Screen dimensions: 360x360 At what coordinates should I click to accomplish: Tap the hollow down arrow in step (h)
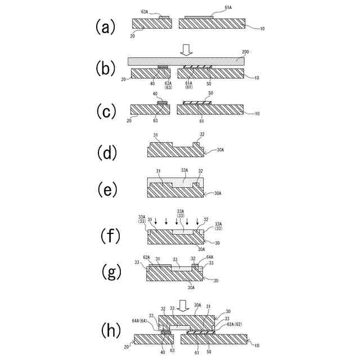pyautogui.click(x=183, y=305)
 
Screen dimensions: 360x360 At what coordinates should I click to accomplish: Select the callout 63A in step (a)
pyautogui.click(x=145, y=12)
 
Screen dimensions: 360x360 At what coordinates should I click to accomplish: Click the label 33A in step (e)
pyautogui.click(x=184, y=170)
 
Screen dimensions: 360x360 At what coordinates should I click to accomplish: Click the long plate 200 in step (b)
pyautogui.click(x=186, y=61)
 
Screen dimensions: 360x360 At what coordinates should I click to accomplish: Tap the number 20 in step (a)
pyautogui.click(x=133, y=35)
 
